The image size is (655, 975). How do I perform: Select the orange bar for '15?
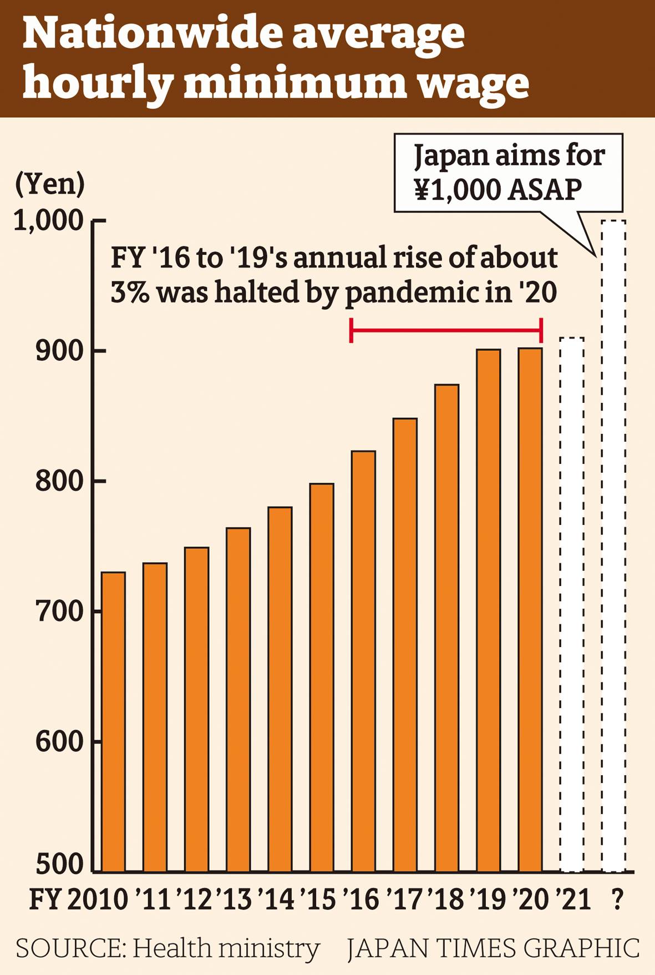322,677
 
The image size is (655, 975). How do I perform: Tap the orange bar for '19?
489,610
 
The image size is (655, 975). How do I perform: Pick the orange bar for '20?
530,610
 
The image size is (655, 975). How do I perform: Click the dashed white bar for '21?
572,605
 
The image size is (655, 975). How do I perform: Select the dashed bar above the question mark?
614,547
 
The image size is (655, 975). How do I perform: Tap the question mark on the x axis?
616,899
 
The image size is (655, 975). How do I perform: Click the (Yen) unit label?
50,184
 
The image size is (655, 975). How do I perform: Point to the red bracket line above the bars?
446,331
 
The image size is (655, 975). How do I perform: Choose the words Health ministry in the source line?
226,948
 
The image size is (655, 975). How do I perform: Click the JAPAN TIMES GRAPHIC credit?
493,948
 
